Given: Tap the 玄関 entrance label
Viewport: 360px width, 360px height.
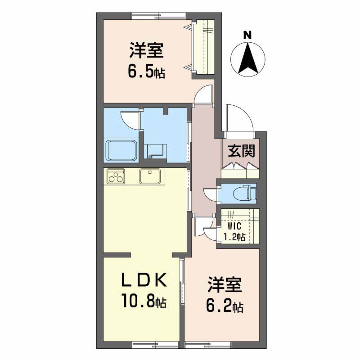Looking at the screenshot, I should [x=241, y=151].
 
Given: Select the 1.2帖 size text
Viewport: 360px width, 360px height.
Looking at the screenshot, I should [x=234, y=236].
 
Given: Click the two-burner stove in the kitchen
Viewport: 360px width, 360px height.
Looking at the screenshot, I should [x=116, y=176].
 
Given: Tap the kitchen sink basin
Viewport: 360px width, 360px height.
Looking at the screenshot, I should [x=149, y=176].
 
